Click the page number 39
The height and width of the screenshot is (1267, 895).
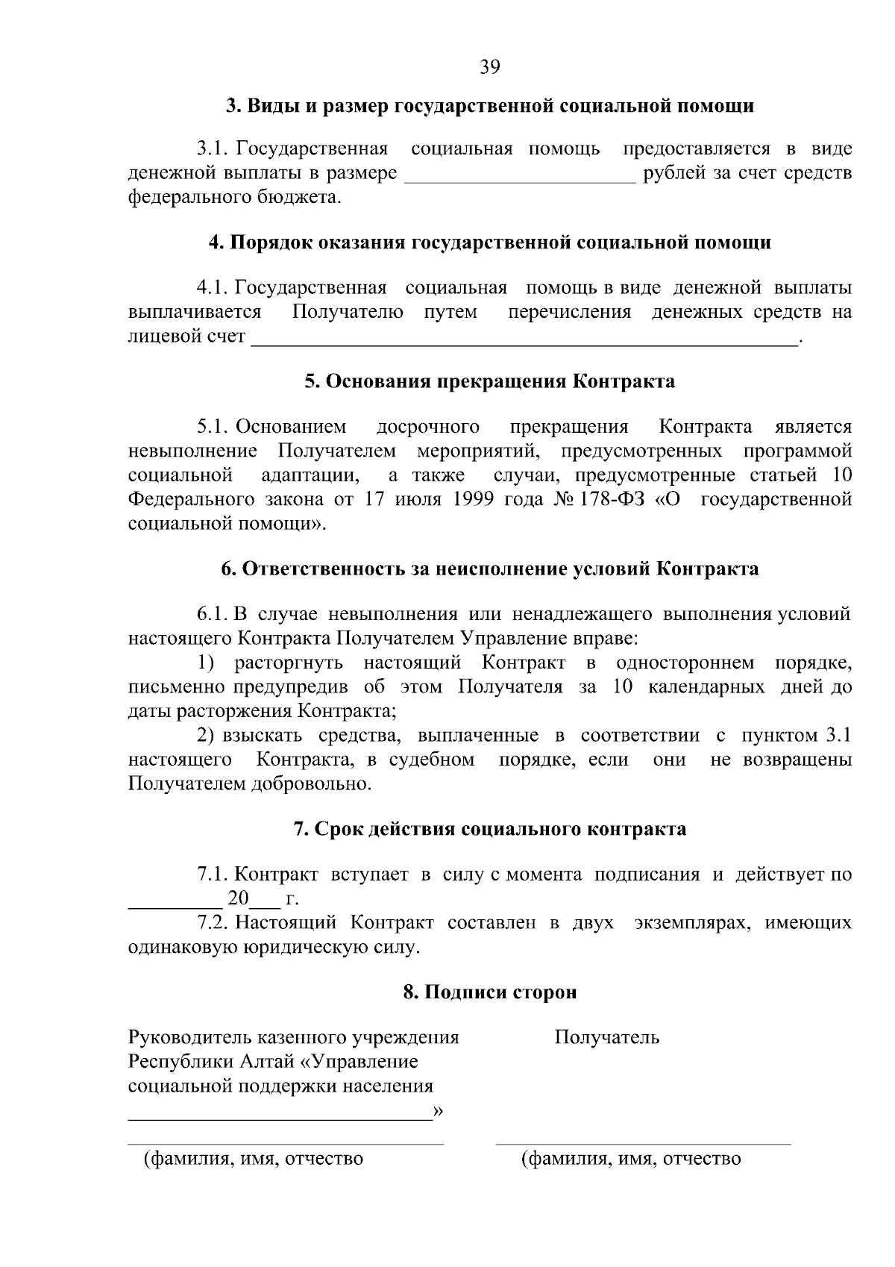489,67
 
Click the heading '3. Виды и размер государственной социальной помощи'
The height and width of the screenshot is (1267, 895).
490,106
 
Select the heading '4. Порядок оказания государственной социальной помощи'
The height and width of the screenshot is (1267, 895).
490,243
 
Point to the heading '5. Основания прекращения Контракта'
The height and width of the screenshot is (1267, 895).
490,381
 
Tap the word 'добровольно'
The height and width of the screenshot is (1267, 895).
311,784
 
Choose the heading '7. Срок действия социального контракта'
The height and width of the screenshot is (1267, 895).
490,829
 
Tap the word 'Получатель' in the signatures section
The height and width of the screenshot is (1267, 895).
606,1037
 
